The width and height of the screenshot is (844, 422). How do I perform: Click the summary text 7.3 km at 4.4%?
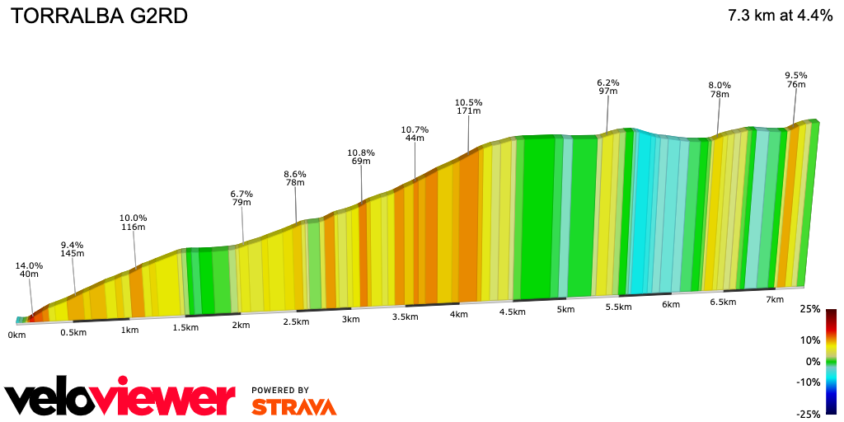tap(780, 16)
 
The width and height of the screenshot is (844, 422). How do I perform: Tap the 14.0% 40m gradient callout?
tap(30, 270)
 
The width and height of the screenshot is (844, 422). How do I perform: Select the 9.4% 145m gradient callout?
tap(73, 249)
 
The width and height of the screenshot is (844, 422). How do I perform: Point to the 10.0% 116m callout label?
tap(134, 222)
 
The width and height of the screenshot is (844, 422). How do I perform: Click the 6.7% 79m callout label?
tap(241, 198)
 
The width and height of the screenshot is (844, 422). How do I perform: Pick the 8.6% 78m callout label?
tap(295, 178)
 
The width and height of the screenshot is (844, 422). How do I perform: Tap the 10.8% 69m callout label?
tap(361, 157)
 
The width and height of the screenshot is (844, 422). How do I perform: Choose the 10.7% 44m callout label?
tap(415, 134)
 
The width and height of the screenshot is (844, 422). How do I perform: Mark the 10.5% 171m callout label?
tap(468, 106)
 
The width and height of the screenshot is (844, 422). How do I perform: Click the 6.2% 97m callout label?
tap(608, 87)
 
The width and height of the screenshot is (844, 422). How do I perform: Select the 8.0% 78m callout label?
tap(720, 90)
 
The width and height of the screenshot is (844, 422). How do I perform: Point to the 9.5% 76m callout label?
tap(795, 79)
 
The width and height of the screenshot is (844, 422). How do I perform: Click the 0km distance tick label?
tap(17, 335)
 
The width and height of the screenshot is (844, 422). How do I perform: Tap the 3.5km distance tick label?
tap(405, 316)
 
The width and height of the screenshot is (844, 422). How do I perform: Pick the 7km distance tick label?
tap(775, 299)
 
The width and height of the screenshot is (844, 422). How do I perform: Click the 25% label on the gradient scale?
tap(810, 309)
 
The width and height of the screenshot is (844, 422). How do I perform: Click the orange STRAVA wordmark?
tap(293, 406)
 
